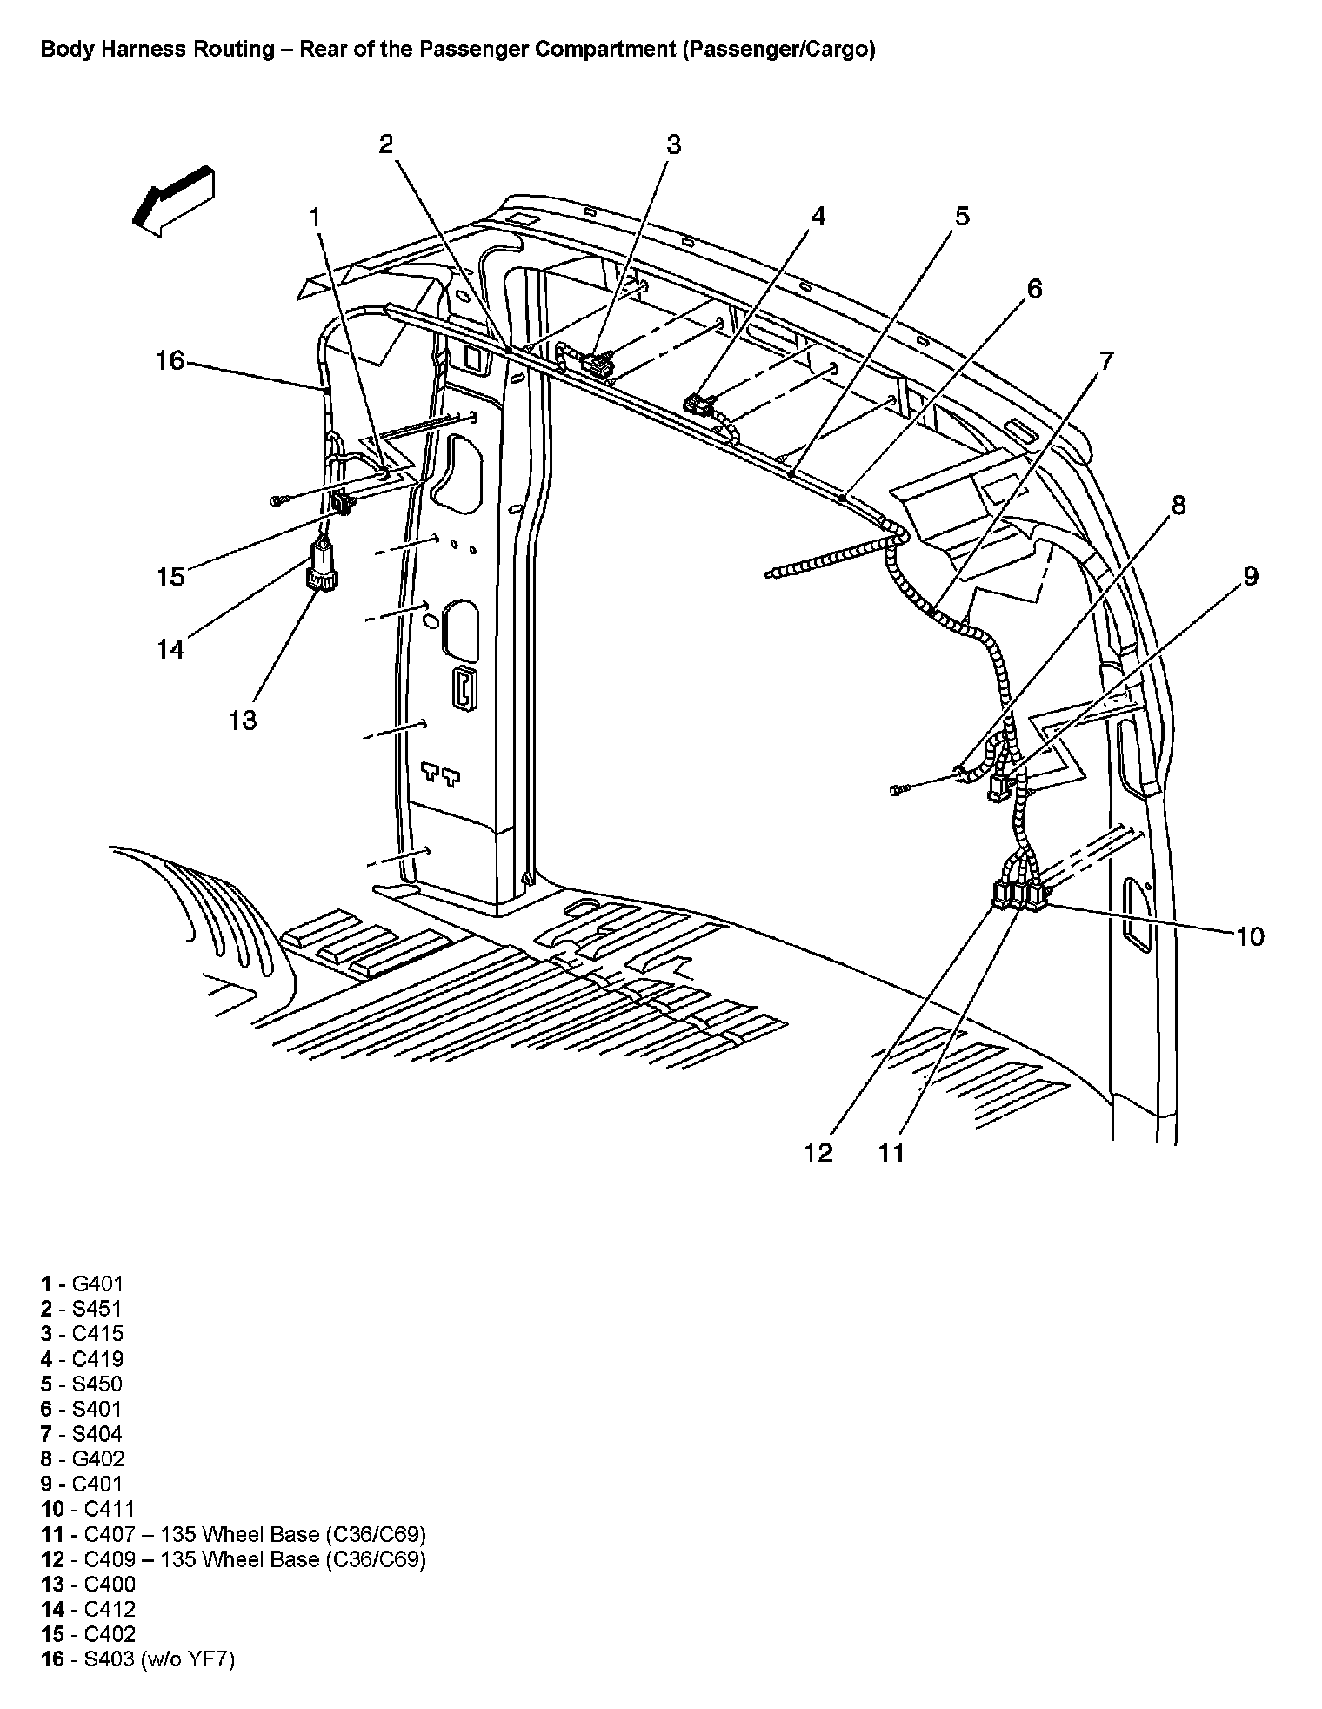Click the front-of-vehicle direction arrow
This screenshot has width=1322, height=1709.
(173, 201)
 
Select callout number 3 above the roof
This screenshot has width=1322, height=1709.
(674, 144)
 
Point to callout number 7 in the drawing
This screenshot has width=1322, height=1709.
(1105, 360)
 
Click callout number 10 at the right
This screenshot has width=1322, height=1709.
(1249, 936)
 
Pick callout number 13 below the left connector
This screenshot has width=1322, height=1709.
(244, 720)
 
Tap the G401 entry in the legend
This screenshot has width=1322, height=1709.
(83, 1283)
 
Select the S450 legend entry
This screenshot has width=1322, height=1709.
(83, 1384)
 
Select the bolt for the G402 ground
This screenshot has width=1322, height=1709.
(898, 789)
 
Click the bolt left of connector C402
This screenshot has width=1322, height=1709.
(278, 501)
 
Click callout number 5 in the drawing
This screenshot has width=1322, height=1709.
(962, 216)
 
